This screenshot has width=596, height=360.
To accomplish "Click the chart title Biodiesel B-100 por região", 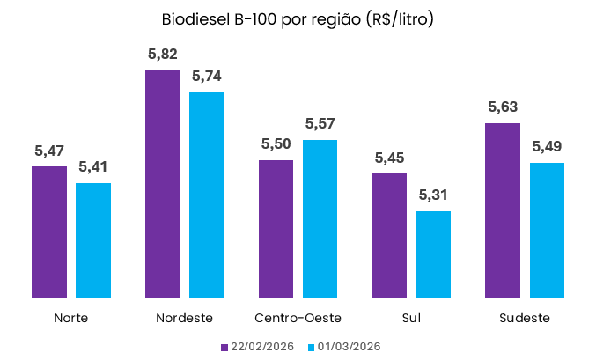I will (298, 19).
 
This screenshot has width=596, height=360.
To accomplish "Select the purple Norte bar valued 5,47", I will (49, 231).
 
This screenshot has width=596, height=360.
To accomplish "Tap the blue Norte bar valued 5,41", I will (93, 240).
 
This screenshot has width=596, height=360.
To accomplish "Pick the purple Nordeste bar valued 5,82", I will (163, 184).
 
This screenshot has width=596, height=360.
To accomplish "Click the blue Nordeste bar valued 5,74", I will (207, 195).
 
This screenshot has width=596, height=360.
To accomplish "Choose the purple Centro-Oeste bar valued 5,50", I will (276, 229).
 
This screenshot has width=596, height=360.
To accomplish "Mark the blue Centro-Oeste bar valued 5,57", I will (320, 218).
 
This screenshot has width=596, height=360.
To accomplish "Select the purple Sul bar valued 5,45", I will (389, 235).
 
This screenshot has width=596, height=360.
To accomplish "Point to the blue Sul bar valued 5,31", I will (433, 254).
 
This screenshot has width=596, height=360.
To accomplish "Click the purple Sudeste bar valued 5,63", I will (503, 210).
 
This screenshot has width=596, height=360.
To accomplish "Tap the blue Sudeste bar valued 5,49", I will (547, 230).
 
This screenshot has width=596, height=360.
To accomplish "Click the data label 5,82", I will (163, 55).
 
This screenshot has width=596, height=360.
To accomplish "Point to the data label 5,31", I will (433, 195).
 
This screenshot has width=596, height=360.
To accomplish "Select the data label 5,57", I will (320, 124).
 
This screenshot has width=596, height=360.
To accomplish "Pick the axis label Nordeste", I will (185, 318).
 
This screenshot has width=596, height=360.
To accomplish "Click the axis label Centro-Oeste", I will (298, 318).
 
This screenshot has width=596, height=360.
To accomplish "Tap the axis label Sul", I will (411, 318).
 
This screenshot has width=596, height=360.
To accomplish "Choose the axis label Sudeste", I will (525, 318).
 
